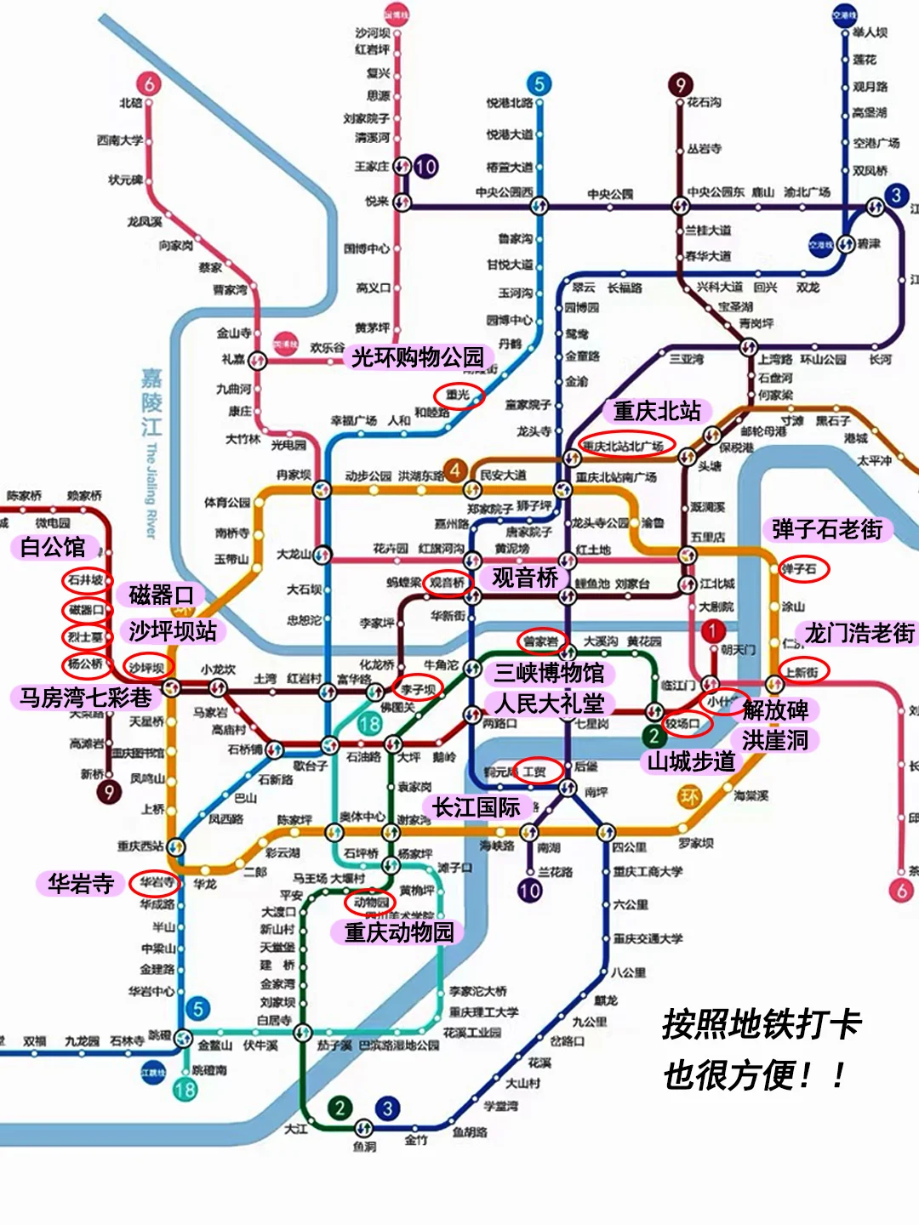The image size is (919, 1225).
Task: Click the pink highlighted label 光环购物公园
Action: coord(418,357)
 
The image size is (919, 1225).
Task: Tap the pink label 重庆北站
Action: coord(657,412)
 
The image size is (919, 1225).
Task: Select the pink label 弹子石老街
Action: coord(827,529)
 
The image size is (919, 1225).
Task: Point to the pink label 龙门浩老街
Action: coord(859,634)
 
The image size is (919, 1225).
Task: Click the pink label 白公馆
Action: coord(53,547)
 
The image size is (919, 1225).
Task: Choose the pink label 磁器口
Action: coord(162,595)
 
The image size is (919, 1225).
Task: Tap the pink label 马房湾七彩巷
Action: coord(86,698)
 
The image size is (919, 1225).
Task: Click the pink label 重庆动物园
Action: coord(399,932)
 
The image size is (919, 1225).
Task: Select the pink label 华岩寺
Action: coord(81,884)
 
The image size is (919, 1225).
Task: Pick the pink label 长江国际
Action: coord(477,807)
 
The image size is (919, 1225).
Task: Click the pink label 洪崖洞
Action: coord(774,740)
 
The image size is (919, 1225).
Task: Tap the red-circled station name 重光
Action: coord(458,395)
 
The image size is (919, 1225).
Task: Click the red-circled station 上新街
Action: coord(802,671)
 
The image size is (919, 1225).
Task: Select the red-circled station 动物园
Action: coord(371,902)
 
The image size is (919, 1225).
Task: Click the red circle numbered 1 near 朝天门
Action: coord(713,631)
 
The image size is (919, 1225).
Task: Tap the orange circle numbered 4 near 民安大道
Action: coord(456,470)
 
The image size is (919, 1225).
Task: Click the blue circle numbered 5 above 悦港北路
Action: coord(538,84)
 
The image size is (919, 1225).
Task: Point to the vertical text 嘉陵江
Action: coord(151,402)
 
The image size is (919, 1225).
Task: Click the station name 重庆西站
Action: coord(140,846)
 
